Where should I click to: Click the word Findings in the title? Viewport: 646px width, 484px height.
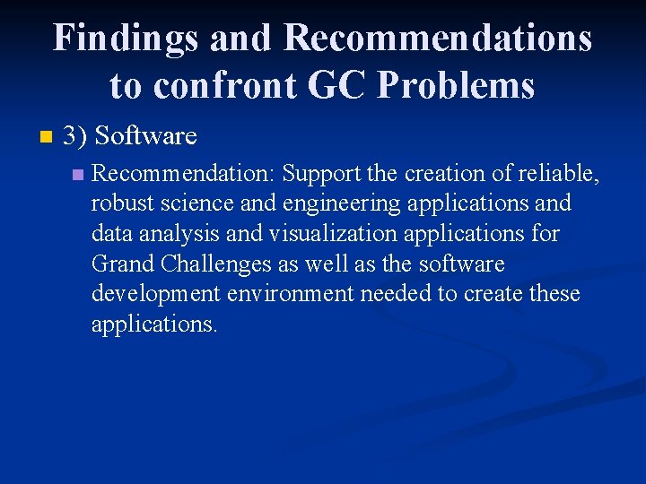coord(125,39)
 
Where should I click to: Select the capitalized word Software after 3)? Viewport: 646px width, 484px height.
coord(145,136)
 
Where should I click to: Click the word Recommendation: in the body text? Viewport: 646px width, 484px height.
coord(185,174)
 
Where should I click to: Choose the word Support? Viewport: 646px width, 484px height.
coord(320,174)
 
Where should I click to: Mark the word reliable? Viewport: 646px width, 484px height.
coord(557,174)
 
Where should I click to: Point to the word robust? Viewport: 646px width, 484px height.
coord(119,203)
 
